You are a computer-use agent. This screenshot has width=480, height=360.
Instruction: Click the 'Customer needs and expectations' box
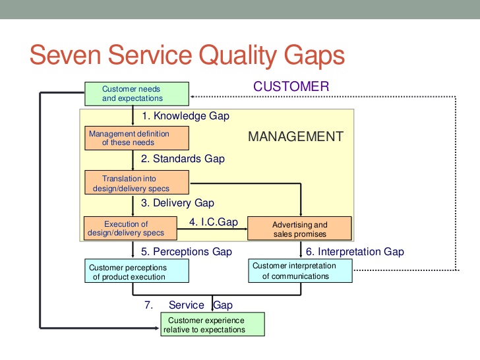coord(136,94)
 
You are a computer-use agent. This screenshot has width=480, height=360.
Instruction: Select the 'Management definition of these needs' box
coord(136,138)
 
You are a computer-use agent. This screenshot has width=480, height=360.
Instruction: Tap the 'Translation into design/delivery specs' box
coord(136,183)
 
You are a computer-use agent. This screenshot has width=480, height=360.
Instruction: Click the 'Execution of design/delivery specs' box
coord(131,228)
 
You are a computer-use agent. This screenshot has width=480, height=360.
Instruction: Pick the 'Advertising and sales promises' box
coord(300,229)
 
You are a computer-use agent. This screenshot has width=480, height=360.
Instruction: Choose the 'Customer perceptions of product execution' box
coord(136,272)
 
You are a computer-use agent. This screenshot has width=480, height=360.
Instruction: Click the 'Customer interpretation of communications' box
coord(301,271)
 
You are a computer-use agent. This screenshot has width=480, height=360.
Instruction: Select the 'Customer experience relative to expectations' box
coord(212,324)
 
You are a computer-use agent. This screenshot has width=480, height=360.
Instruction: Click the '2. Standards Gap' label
coord(183,159)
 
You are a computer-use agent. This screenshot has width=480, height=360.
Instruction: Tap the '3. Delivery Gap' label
coord(177,203)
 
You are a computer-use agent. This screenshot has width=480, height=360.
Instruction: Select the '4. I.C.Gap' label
coord(213,222)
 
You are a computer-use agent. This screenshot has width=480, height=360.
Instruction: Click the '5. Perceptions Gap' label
coord(187,252)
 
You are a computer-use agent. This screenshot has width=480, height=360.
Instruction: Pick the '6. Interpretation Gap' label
coord(355,252)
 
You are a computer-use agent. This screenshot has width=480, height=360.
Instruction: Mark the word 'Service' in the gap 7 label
coord(186,305)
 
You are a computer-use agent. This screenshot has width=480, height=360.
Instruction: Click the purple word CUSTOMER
coord(291,86)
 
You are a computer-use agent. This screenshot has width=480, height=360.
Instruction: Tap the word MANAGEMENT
coord(295,137)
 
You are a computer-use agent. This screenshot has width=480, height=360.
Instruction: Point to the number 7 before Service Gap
coord(149,305)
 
